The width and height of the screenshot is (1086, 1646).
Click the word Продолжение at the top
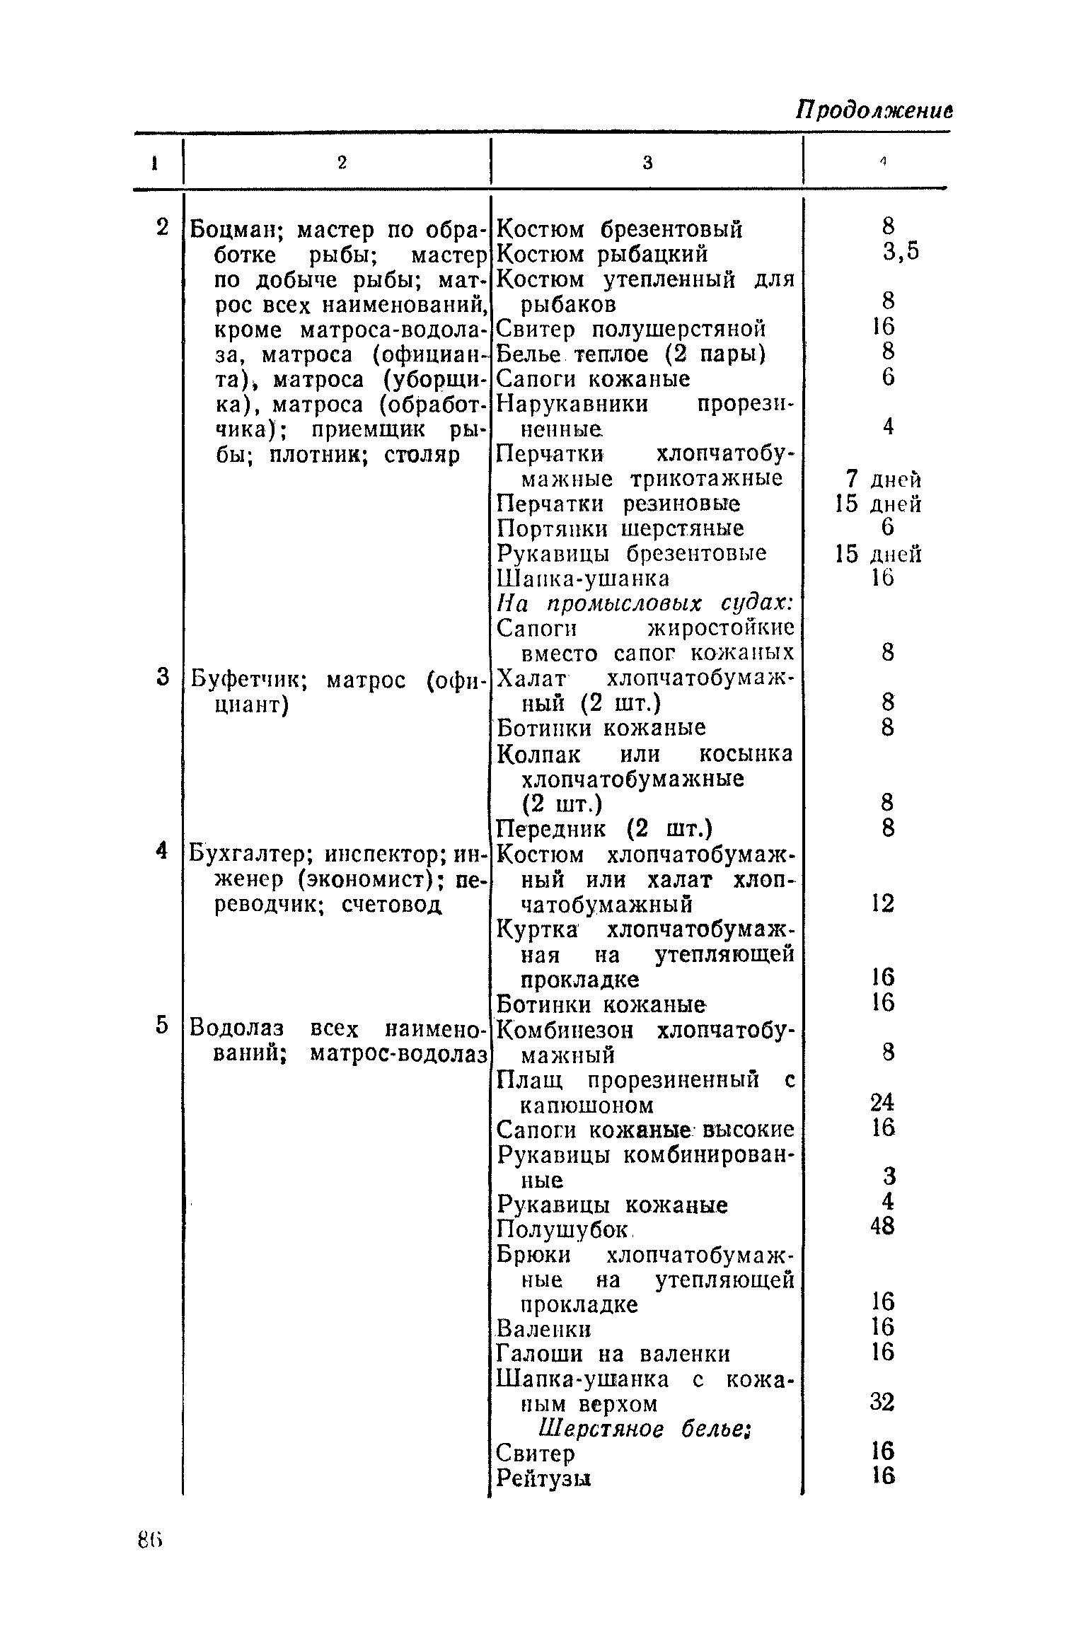click(874, 110)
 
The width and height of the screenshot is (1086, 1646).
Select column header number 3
click(647, 163)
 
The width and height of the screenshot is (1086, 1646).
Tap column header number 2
click(342, 163)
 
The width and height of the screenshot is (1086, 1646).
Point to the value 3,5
click(900, 253)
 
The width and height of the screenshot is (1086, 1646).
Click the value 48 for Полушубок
click(883, 1227)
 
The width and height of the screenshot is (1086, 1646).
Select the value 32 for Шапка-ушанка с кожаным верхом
click(883, 1401)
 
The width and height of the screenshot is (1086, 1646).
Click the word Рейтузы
click(543, 1478)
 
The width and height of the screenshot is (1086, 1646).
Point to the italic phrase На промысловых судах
click(644, 603)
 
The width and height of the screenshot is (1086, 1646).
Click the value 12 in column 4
click(883, 903)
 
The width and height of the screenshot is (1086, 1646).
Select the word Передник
click(550, 828)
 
